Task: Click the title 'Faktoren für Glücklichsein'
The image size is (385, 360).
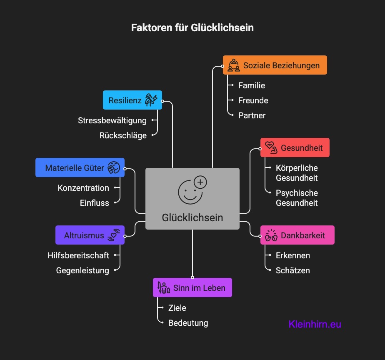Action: coord(192,28)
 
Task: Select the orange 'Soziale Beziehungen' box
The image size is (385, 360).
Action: coord(275,65)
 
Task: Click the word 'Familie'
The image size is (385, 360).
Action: coord(252,85)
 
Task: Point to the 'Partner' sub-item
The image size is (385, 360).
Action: coord(252,115)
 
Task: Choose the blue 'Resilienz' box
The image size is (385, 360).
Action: coord(132,100)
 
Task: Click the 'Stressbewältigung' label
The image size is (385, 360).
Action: coord(112,120)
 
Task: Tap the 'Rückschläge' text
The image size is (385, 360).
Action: coord(123,135)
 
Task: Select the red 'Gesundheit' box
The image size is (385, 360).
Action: coord(295,147)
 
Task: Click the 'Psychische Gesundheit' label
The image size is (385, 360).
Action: coord(297,198)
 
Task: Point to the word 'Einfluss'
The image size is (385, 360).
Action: coord(95,203)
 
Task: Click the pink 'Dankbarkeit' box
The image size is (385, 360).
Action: coord(297,235)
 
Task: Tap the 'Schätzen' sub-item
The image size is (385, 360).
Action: coord(293,270)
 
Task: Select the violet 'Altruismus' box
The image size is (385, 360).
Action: coord(90,235)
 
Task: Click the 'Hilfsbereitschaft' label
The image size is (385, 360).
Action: coord(78,255)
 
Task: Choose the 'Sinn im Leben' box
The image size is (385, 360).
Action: coord(192,287)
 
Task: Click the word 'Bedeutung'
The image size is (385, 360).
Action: coord(188,323)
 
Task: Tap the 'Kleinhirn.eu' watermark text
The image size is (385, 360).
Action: coord(315,324)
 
